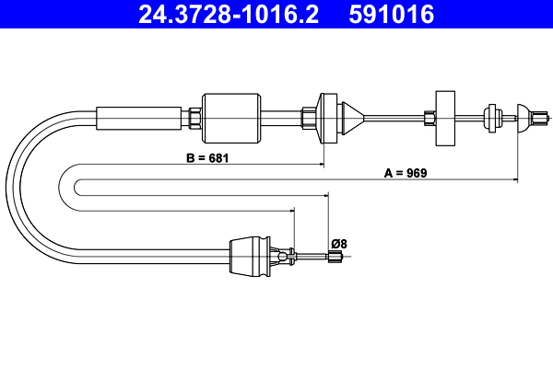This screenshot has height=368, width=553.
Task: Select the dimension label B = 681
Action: pos(206,157)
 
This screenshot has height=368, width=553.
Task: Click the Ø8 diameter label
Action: pos(339,244)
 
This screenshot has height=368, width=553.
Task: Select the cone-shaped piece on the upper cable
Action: pos(353,116)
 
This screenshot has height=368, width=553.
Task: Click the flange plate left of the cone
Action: pos(327,116)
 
